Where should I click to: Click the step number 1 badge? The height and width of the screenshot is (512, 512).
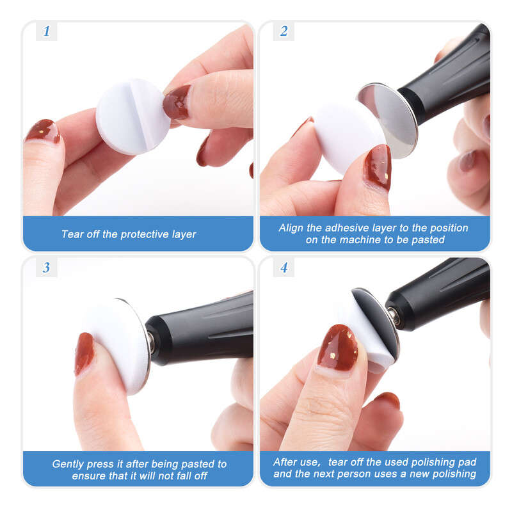tap(47, 31)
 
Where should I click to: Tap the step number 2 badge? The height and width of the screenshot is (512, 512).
tap(284, 31)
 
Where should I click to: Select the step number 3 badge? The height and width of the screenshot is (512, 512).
tap(47, 268)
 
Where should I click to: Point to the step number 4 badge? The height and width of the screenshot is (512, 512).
tap(284, 268)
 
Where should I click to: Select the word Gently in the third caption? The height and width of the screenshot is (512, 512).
tap(63, 464)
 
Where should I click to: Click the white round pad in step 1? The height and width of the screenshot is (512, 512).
tap(132, 116)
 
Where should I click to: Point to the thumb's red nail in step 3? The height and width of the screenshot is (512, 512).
tap(84, 353)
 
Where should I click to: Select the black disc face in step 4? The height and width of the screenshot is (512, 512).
tap(376, 315)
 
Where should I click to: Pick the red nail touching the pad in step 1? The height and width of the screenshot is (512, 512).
tap(177, 103)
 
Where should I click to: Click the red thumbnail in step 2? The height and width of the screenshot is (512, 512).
tap(378, 167)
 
